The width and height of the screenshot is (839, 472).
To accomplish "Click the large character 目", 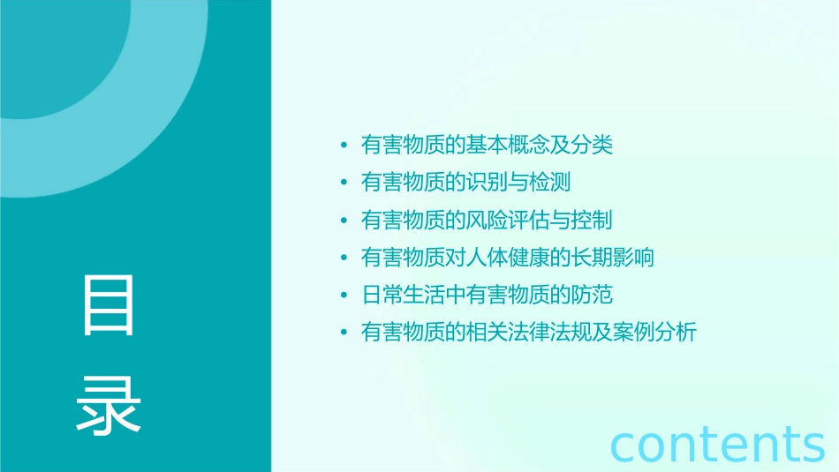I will coord(109,305).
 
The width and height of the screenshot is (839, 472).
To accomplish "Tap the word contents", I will coord(718,444).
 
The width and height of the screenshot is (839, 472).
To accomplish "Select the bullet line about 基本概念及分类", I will coord(487,146).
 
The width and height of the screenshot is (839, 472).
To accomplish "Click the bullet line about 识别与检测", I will coord(465,183).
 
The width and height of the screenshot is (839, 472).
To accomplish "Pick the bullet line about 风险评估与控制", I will coord(487,220).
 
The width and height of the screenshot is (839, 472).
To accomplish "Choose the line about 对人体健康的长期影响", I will coord(508,258).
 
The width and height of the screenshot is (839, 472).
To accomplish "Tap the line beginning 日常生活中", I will coord(487,295).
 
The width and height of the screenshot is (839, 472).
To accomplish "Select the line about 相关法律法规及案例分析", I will coord(529,333).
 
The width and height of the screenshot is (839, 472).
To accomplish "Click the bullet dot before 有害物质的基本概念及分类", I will coord(344,146).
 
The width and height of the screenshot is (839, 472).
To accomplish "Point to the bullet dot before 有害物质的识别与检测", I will coord(344,183).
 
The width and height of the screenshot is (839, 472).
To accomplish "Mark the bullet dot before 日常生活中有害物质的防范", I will coord(344,295).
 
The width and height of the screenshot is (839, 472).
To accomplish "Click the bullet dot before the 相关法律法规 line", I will coord(344,333).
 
